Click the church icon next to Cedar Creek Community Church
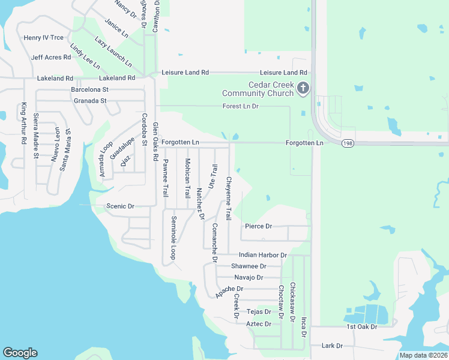(303, 89)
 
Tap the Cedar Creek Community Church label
(258, 89)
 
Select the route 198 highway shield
(348, 144)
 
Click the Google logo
(20, 353)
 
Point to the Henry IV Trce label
(43, 38)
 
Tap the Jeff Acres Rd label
(51, 57)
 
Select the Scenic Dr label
(120, 206)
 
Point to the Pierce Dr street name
(259, 226)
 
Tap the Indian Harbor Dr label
(263, 255)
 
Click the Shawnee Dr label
(249, 266)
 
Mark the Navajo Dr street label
(249, 277)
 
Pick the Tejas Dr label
(259, 312)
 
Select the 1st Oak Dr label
(362, 326)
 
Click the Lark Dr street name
(331, 346)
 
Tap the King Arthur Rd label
(24, 124)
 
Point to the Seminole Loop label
(174, 238)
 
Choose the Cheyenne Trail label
(228, 199)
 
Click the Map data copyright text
(424, 355)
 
